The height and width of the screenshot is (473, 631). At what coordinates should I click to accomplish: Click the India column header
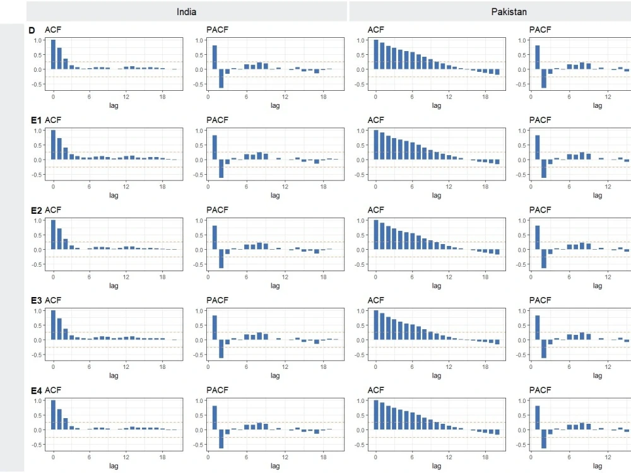pos(186,11)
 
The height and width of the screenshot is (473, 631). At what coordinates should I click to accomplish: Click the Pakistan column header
pos(509,11)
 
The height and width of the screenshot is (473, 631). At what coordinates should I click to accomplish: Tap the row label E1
pos(35,120)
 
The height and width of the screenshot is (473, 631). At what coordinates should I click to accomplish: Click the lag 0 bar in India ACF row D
pos(53,54)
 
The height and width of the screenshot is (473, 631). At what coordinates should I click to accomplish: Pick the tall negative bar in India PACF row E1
pos(221,169)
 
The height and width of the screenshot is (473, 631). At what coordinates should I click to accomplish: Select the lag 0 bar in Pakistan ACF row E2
pos(376,235)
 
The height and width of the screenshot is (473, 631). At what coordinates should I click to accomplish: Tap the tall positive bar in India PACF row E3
pos(215,327)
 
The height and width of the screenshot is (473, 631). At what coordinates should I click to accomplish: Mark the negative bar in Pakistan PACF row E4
pos(543,439)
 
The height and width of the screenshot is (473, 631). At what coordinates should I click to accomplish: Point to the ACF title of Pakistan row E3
pos(375,300)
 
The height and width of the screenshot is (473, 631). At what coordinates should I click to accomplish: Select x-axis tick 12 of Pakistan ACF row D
pos(449,96)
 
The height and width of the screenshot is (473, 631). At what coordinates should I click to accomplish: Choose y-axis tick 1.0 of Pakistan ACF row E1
pos(360,131)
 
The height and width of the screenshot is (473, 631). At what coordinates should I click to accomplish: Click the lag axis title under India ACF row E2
pos(114,286)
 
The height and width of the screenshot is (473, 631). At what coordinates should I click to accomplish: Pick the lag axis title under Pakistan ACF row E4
pos(437,466)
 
